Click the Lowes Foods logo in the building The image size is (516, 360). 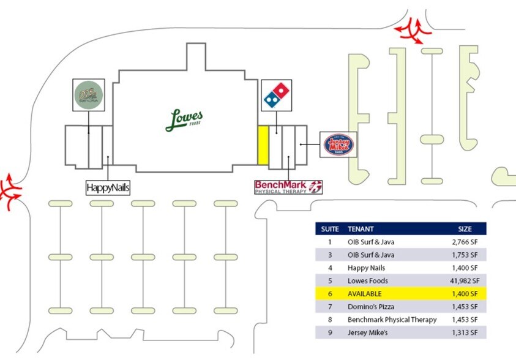point(184,120)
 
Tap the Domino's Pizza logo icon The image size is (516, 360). point(277,95)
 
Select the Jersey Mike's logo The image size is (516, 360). point(338,145)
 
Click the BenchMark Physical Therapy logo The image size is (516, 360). point(288,187)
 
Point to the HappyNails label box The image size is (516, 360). point(108,187)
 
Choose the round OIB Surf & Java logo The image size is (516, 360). point(89,95)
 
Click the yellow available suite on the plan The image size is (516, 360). point(263,144)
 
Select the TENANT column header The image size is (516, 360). point(361,229)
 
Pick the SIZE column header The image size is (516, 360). point(465,229)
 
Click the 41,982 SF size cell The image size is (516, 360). point(463,281)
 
